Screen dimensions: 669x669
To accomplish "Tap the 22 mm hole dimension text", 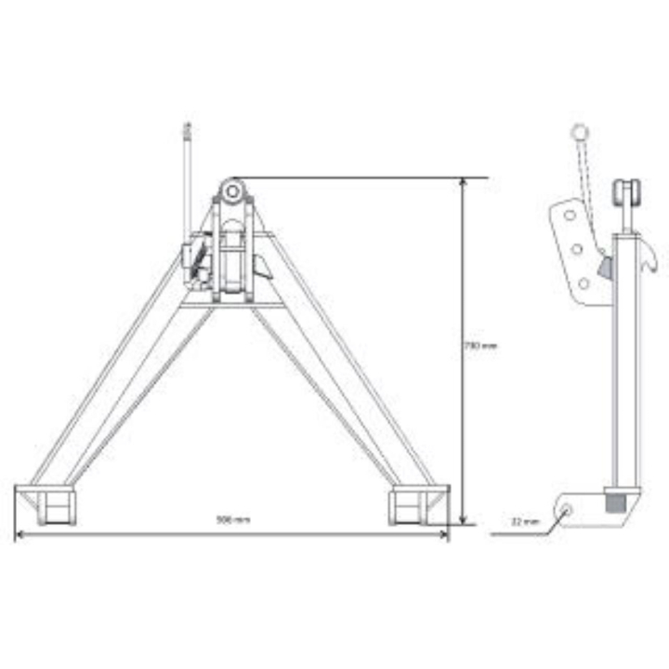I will (x=525, y=522).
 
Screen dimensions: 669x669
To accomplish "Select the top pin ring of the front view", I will (x=232, y=192).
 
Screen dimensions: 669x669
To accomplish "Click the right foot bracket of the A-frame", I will (x=409, y=505).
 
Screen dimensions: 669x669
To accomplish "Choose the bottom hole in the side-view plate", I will (x=584, y=283).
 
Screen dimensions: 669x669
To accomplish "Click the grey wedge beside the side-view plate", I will (x=605, y=269).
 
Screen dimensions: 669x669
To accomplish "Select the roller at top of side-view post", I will (x=623, y=195).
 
